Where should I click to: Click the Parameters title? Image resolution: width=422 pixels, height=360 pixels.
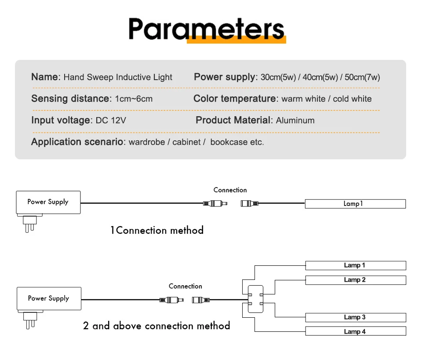pyautogui.click(x=207, y=29)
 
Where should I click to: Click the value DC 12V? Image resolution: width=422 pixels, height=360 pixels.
pyautogui.click(x=111, y=120)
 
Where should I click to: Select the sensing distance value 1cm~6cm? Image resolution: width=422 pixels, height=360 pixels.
pyautogui.click(x=134, y=99)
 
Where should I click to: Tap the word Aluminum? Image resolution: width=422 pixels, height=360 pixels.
pyautogui.click(x=295, y=120)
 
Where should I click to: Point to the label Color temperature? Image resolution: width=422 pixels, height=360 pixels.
pyautogui.click(x=234, y=99)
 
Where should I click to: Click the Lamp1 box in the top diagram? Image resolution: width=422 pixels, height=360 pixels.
pyautogui.click(x=355, y=204)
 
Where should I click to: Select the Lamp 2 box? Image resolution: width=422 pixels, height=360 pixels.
pyautogui.click(x=355, y=280)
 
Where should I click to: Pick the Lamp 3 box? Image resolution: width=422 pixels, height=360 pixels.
pyautogui.click(x=355, y=317)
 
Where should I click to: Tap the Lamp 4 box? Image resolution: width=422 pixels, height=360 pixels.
pyautogui.click(x=355, y=331)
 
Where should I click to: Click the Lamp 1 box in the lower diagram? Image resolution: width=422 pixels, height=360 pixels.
pyautogui.click(x=355, y=265)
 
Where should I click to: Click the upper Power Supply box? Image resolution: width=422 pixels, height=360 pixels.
pyautogui.click(x=48, y=202)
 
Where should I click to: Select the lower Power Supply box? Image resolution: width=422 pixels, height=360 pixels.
pyautogui.click(x=48, y=298)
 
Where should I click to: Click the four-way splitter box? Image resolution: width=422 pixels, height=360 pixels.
pyautogui.click(x=255, y=299)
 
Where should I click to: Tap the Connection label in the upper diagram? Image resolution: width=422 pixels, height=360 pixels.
pyautogui.click(x=230, y=190)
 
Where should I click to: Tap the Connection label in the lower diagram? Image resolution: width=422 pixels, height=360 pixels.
pyautogui.click(x=186, y=287)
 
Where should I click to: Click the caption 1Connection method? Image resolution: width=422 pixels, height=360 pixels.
pyautogui.click(x=157, y=230)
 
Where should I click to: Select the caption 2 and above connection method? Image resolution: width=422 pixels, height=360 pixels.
pyautogui.click(x=156, y=326)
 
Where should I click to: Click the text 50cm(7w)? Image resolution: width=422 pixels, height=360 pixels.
pyautogui.click(x=362, y=77)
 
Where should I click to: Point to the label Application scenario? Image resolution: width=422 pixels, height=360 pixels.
pyautogui.click(x=77, y=142)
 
